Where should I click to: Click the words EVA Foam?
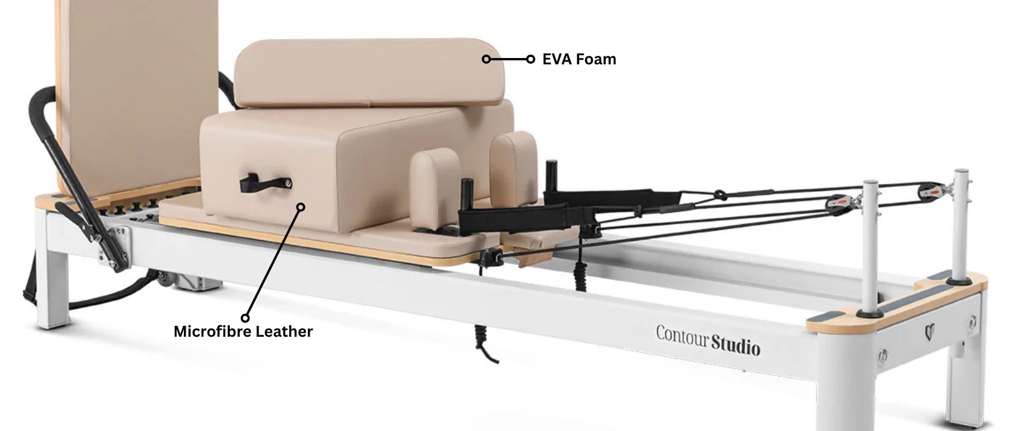tap(579, 59)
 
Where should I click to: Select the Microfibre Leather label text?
tap(243, 332)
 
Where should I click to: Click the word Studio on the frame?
tap(736, 345)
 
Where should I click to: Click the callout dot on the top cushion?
tap(486, 59)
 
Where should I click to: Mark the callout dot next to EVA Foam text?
tap(530, 59)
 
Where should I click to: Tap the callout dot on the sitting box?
tap(301, 207)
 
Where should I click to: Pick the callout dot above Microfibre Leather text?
tap(245, 318)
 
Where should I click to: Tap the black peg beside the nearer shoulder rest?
tap(467, 195)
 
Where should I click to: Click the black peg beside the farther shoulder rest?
tap(552, 175)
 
